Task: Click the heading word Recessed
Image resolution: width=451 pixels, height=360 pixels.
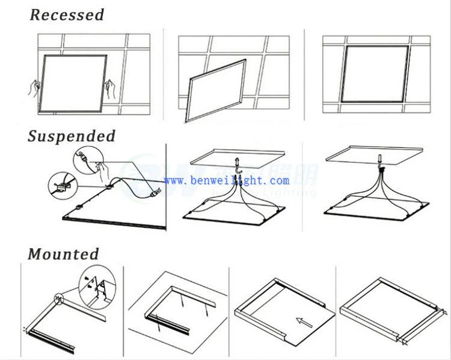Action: [x=67, y=14]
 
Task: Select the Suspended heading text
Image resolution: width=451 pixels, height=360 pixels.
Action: [x=72, y=136]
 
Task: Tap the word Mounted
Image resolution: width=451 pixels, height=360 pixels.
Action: [x=63, y=254]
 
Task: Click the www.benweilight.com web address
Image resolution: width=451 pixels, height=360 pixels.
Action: [x=226, y=180]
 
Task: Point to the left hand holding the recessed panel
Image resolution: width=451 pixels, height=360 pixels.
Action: [x=35, y=88]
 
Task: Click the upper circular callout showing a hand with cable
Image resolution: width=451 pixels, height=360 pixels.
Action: [x=85, y=161]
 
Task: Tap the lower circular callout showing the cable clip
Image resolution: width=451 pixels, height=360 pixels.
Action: [x=63, y=184]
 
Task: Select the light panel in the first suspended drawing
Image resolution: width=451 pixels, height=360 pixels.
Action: [x=114, y=207]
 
